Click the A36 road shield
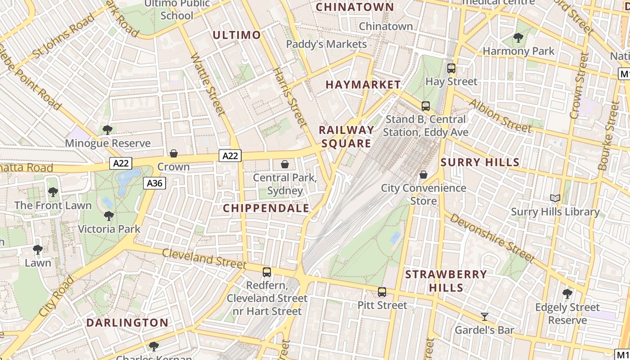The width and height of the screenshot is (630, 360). pyautogui.click(x=155, y=183)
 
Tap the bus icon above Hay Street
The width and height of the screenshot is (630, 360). pyautogui.click(x=451, y=69)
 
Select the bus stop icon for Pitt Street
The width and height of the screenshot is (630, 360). pyautogui.click(x=382, y=292)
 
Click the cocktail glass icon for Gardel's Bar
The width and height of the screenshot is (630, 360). pyautogui.click(x=484, y=317)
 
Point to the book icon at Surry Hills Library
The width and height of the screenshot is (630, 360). pyautogui.click(x=555, y=198)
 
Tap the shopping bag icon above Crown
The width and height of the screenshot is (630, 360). pyautogui.click(x=174, y=153)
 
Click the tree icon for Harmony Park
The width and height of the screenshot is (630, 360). pyautogui.click(x=518, y=38)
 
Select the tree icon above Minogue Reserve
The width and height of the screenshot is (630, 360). pyautogui.click(x=107, y=130)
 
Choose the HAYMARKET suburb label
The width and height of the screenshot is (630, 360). pyautogui.click(x=363, y=85)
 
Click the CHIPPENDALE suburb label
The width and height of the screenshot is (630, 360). pyautogui.click(x=266, y=208)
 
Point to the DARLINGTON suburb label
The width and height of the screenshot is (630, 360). pyautogui.click(x=127, y=323)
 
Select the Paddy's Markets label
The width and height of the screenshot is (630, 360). pyautogui.click(x=326, y=44)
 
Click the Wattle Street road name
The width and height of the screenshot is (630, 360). pyautogui.click(x=207, y=84)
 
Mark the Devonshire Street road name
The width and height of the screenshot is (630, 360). pyautogui.click(x=492, y=238)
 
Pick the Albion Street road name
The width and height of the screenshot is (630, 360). pyautogui.click(x=499, y=116)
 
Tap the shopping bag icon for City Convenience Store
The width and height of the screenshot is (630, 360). pyautogui.click(x=423, y=175)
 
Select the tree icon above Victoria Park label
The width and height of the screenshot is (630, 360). pyautogui.click(x=108, y=216)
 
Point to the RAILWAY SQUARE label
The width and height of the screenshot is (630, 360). pyautogui.click(x=346, y=137)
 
